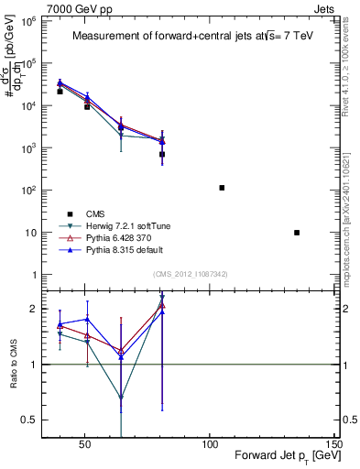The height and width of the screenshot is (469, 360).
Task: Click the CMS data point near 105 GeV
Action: (x=222, y=188)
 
